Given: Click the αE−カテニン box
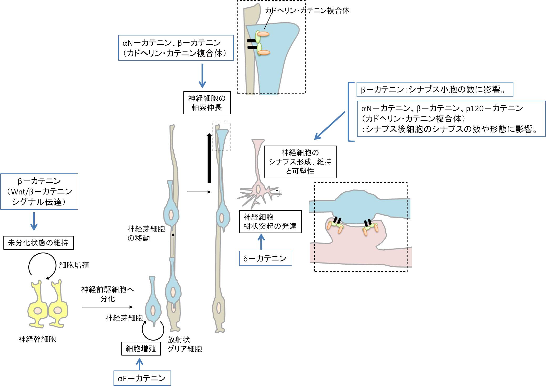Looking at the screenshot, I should point(142,378).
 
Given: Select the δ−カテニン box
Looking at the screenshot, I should point(265,258).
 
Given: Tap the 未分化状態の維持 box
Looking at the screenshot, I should point(38,243).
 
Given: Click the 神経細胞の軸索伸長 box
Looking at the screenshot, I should point(207,103).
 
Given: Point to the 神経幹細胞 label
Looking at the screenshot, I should point(37,339).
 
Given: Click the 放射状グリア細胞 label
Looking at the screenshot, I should point(184,344).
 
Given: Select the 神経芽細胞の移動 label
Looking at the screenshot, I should point(146,233).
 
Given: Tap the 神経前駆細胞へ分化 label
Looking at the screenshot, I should point(107,294).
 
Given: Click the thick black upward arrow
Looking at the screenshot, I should point(209,158).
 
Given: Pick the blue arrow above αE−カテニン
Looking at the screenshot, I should point(140,364).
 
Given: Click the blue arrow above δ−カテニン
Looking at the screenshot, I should point(261,241).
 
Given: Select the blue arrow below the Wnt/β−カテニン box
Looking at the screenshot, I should point(34,221).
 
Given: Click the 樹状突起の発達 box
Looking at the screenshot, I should point(270,222).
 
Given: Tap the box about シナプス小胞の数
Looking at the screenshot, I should point(435,90).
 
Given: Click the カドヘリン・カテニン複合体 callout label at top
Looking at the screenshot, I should point(307,11).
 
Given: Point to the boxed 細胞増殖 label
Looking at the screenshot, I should point(141,349).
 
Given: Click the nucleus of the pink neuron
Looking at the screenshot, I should point(258,189).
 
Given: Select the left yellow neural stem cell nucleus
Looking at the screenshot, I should point(38,311).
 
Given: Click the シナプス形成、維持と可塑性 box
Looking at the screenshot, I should point(300,162).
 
